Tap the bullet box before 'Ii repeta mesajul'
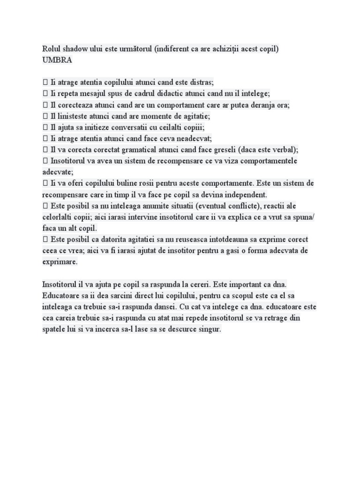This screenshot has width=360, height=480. [x=45, y=94]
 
